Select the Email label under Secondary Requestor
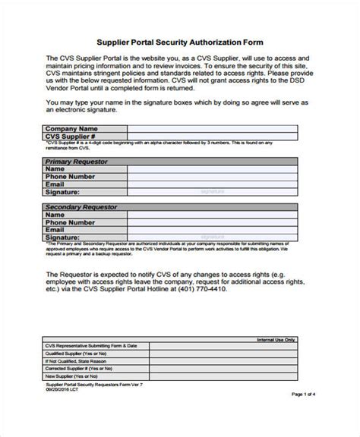[x=55, y=229]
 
